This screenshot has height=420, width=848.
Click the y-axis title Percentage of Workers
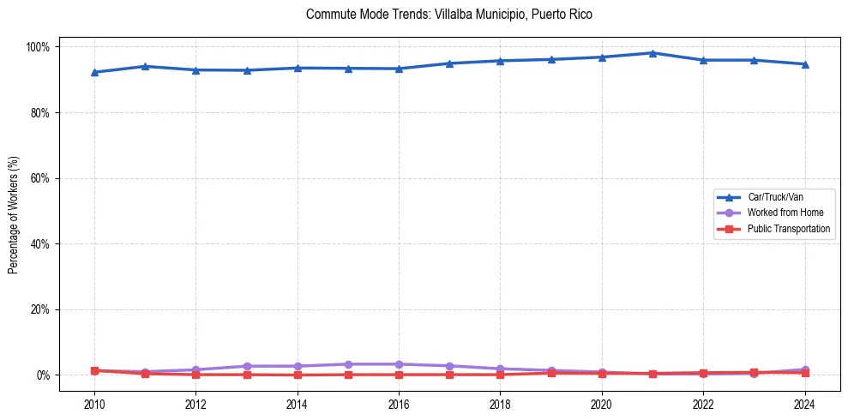click(x=14, y=211)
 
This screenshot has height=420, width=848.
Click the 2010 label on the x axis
click(x=94, y=405)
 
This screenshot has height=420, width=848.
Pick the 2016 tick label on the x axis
click(x=399, y=405)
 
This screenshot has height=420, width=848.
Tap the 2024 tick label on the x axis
click(x=804, y=405)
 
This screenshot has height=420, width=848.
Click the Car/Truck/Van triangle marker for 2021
click(x=653, y=53)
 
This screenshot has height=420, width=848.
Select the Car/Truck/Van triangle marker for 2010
click(x=94, y=72)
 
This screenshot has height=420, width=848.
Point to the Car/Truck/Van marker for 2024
click(x=804, y=64)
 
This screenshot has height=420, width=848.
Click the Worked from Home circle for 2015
click(x=348, y=364)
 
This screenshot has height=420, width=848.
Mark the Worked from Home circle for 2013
click(x=247, y=366)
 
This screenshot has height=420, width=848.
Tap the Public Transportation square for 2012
click(x=195, y=375)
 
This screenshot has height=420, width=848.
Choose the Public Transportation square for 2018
click(x=500, y=375)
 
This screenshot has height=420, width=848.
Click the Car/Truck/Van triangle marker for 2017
click(x=449, y=63)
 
